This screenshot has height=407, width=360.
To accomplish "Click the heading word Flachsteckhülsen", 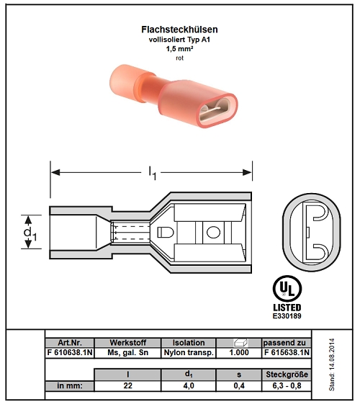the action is pos(179,30).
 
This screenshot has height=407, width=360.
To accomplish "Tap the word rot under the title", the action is pos(179,58).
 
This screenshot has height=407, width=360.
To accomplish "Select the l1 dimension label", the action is pos(152,173).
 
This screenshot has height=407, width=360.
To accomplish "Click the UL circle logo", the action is pos(287,289).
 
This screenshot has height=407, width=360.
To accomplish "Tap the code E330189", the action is pos(287,316).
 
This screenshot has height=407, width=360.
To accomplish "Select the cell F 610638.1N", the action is pos(70,352).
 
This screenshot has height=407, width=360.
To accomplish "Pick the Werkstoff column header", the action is pos(128,343).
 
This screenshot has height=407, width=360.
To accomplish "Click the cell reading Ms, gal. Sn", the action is pos(128,352).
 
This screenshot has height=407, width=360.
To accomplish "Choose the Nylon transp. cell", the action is pos(189,352).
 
